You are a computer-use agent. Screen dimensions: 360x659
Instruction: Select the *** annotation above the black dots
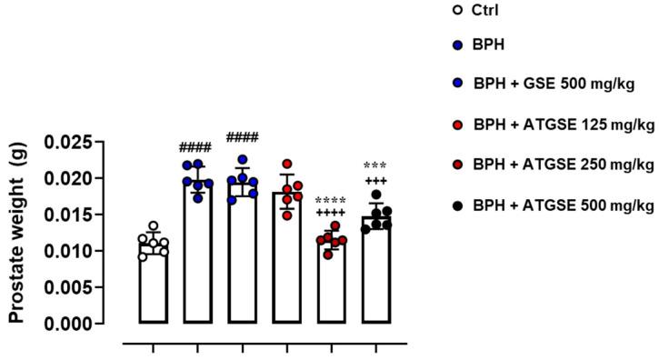coord(375,166)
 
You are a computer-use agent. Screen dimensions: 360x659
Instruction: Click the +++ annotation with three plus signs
coord(375,180)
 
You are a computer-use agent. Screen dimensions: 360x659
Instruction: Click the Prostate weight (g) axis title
coord(17,233)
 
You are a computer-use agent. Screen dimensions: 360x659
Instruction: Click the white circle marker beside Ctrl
coord(457,12)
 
